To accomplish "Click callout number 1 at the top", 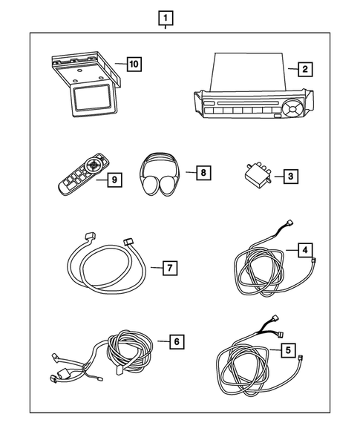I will [166, 16].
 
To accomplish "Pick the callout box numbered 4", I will [304, 249].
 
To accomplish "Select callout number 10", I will [133, 64].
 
